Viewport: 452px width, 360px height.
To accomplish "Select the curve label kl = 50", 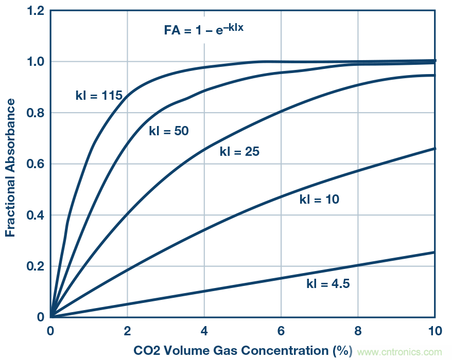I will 169,131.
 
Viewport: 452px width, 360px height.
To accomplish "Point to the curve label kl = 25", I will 239,152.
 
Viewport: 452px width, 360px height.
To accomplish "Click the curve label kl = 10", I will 319,199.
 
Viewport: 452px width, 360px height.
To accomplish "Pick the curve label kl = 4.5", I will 328,283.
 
